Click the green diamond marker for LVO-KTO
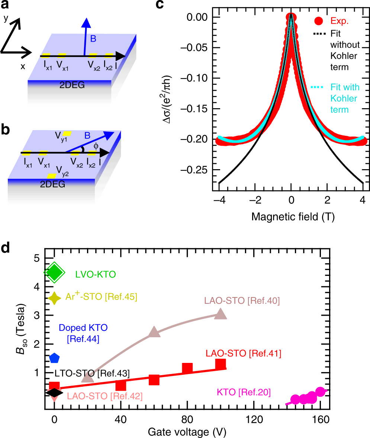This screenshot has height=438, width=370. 55,273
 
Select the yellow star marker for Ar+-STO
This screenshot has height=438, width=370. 54,298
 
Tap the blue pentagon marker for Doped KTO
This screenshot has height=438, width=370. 54,358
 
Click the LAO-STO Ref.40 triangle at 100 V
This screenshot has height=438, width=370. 221,314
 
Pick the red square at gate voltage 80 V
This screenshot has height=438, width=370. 187,368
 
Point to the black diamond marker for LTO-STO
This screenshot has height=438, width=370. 54,392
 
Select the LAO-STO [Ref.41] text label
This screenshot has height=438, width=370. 243,353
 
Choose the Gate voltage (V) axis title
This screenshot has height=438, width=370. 187,432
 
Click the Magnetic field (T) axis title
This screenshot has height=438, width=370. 293,217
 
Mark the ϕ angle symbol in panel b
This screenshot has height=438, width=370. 96,146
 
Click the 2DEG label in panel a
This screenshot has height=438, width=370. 72,86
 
